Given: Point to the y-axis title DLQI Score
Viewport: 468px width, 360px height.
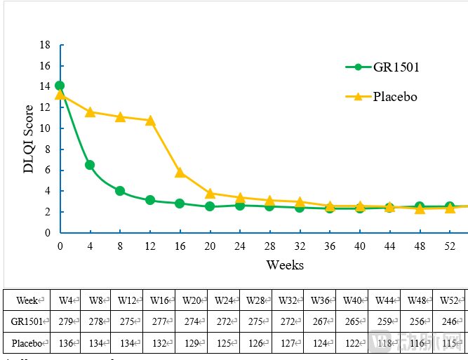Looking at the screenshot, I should tap(29, 139).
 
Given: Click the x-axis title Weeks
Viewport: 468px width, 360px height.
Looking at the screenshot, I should tap(285, 265).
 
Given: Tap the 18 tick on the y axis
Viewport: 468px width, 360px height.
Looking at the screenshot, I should tap(46, 45).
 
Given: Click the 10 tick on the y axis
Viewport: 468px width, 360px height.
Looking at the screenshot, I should tap(46, 128).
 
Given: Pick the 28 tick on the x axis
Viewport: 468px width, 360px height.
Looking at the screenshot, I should tap(269, 246).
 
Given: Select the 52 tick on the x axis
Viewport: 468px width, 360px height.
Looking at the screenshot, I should tap(449, 246).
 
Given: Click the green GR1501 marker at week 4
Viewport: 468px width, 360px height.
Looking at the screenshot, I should tap(90, 165).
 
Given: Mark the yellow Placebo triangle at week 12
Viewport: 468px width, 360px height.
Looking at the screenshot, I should tap(149, 120).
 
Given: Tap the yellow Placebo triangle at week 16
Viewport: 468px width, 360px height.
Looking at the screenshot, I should tap(180, 172).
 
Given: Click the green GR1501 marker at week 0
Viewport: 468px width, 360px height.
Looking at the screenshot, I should tap(60, 86).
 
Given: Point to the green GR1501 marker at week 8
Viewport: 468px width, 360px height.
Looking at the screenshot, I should tap(120, 191).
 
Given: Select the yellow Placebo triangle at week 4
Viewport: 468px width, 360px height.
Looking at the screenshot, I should tap(90, 112).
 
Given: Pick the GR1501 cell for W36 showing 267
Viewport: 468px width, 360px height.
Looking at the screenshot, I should tap(319, 321).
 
